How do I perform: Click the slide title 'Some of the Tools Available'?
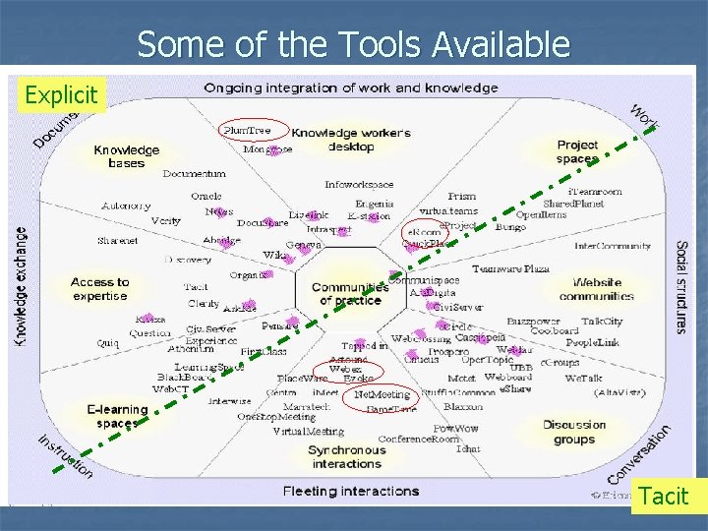point(353,44)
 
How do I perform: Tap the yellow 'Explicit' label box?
point(61,95)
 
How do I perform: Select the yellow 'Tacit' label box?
point(664,496)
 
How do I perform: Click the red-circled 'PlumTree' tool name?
point(247,129)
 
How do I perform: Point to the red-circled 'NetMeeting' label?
point(383,395)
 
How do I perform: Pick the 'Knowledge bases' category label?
point(126,156)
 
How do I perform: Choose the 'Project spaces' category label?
point(577,151)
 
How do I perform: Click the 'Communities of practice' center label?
point(349,293)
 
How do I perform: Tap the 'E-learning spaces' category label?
point(117,416)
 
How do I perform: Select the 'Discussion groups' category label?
point(574,432)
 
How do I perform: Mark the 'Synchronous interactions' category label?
point(346,456)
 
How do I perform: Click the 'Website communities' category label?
point(597,289)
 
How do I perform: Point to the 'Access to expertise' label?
point(99,288)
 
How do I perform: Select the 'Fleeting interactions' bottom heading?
point(350,491)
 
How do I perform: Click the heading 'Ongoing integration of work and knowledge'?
point(350,88)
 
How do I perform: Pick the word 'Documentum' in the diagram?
point(194,174)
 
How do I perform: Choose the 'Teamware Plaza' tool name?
point(510,268)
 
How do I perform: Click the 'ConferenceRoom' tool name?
point(419,439)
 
